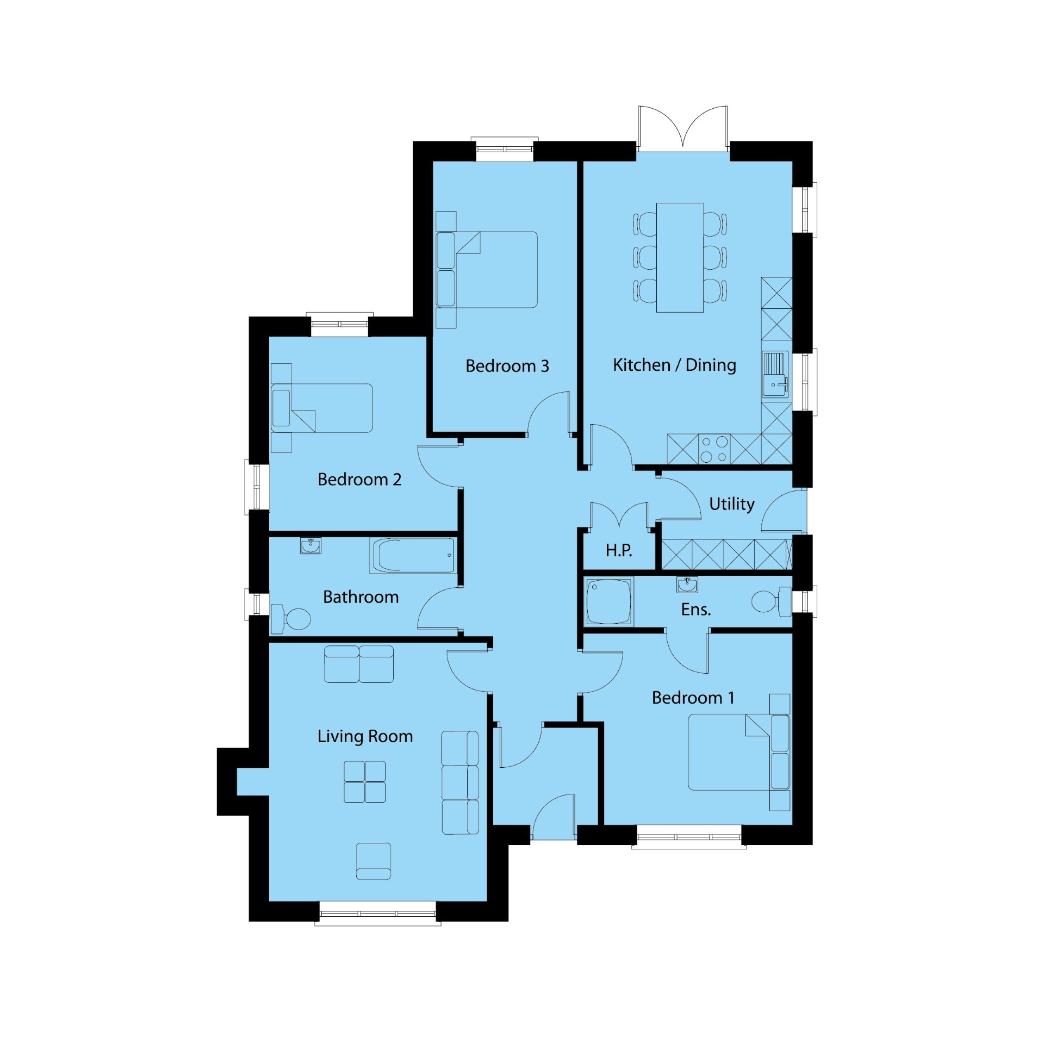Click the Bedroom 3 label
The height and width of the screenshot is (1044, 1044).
[507, 366]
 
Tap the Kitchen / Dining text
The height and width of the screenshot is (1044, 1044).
[675, 365]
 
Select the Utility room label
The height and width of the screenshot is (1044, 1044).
[732, 504]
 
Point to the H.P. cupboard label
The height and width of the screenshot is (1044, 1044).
[619, 550]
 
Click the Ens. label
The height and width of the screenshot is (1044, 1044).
[696, 610]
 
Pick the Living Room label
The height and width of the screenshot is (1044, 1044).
[365, 736]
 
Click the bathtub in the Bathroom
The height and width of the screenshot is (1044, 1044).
[412, 556]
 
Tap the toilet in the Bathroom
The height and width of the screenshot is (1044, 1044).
[290, 619]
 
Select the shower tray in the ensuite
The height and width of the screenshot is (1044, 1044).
[609, 601]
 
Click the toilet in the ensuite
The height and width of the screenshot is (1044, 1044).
[772, 601]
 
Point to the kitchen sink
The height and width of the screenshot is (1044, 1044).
[775, 374]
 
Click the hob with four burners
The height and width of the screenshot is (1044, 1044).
[714, 449]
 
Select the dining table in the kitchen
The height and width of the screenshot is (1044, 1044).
[680, 257]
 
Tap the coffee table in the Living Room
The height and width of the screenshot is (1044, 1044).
[364, 781]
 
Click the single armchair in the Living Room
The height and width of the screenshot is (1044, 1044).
[374, 861]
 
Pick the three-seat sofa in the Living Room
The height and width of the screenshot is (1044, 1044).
[460, 782]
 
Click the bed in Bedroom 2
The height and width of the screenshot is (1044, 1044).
[321, 408]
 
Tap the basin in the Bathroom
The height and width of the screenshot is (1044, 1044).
[310, 545]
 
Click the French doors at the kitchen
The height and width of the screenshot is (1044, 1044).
[683, 128]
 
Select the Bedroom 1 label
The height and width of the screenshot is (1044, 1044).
[693, 698]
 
